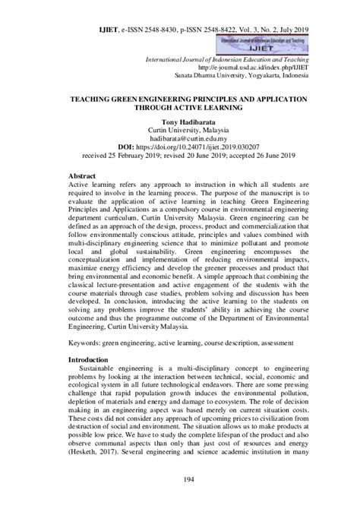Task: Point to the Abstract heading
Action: (84, 173)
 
